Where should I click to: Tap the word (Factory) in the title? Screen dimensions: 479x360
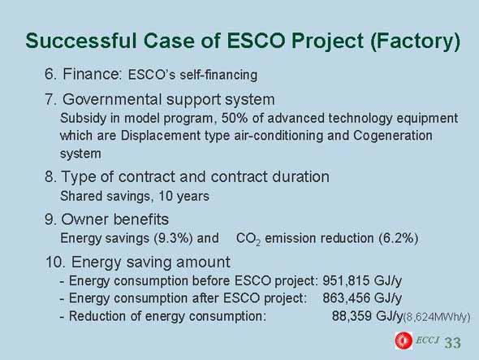tap(415, 41)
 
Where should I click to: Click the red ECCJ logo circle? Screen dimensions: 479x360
tap(403, 340)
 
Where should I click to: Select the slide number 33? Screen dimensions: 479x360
tap(452, 343)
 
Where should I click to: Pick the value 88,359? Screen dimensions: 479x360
tap(352, 315)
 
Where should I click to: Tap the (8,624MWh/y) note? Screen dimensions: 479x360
tap(437, 318)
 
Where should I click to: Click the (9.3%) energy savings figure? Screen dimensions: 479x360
tap(173, 238)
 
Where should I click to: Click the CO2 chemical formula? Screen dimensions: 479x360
tap(248, 239)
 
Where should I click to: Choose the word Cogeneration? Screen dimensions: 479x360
tap(393, 136)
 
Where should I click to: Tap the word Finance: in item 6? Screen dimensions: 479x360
tap(92, 74)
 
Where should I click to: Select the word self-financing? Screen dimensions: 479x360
tap(218, 75)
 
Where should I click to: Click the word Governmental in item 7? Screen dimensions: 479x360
tap(112, 99)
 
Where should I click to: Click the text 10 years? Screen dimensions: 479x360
tap(183, 196)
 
